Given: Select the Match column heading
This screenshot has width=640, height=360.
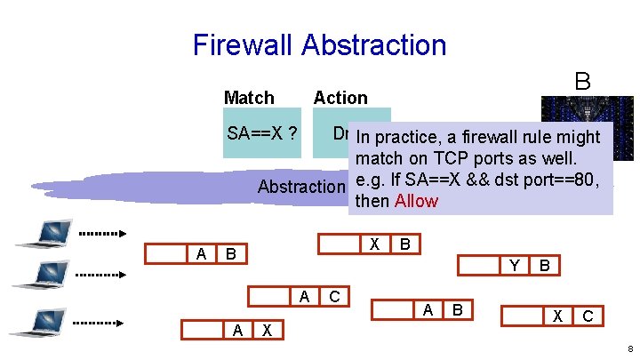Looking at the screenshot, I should pos(249,98).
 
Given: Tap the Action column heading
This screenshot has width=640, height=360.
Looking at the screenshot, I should pos(340,98).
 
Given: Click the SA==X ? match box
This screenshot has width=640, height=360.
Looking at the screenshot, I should pos(262,134).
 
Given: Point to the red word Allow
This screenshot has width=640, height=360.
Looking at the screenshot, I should pos(416,201).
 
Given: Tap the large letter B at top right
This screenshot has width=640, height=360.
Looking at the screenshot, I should pos(582,81).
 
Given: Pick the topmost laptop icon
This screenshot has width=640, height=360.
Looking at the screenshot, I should pos(39,233).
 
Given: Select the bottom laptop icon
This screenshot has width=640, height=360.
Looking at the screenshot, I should pos(37,320).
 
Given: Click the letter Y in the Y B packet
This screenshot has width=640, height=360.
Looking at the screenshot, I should pos(514,265).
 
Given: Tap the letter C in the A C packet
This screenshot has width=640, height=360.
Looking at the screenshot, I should pos(334,297).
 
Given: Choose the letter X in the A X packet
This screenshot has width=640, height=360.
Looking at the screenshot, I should pos(267,330).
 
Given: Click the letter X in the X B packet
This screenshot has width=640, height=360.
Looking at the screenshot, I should pos(375,244).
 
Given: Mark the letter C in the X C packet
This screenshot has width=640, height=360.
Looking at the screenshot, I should pos(588,316).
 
